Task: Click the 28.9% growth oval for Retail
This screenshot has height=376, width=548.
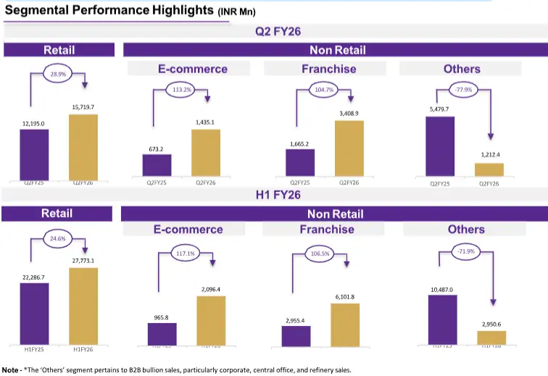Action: click(x=57, y=74)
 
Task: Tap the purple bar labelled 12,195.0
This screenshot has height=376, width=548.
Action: click(x=33, y=153)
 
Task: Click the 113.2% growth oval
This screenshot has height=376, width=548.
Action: click(x=180, y=91)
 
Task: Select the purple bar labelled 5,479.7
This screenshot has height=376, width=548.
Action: click(x=439, y=146)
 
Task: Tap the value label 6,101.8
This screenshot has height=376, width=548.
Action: click(x=345, y=296)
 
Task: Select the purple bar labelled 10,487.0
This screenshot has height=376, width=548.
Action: click(x=442, y=319)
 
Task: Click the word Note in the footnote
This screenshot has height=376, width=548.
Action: click(x=11, y=369)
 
